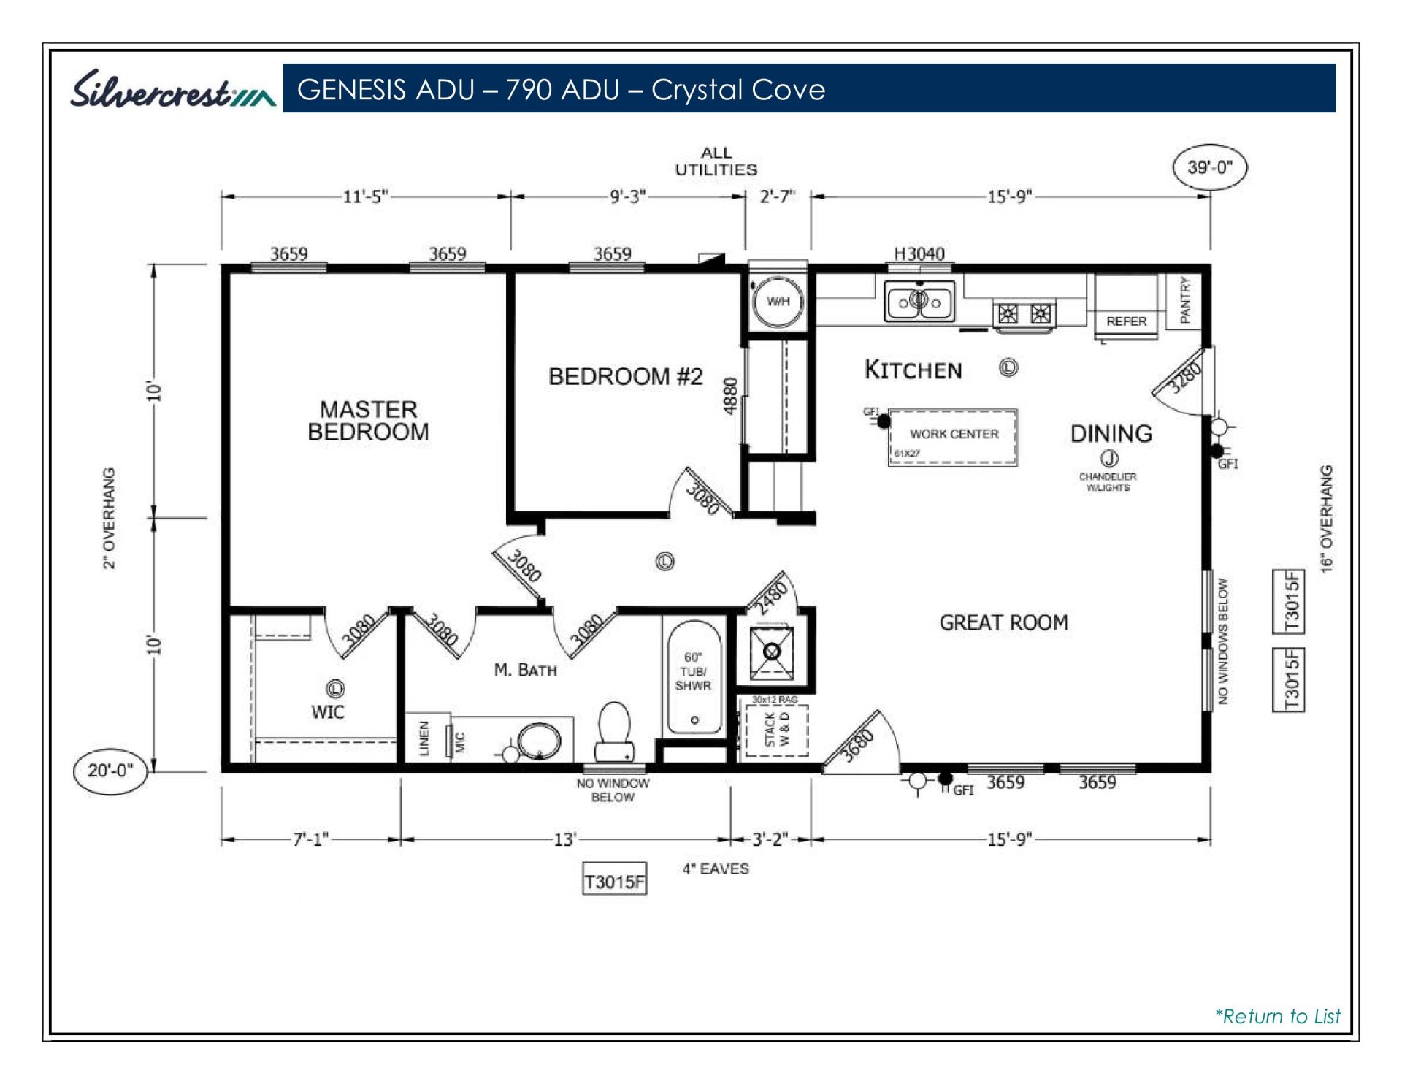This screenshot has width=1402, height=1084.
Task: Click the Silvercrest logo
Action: [x=172, y=90]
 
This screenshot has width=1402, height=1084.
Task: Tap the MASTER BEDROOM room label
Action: [x=368, y=420]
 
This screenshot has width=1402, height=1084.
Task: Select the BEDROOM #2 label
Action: [x=625, y=377]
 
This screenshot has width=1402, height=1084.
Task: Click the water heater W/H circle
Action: [x=778, y=302]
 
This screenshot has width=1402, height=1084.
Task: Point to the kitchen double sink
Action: [x=919, y=301]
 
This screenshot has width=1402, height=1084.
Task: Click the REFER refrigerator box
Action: [x=1125, y=307]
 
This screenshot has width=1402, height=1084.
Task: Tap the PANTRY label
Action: [x=1184, y=300]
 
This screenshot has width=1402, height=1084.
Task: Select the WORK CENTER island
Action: [x=953, y=437]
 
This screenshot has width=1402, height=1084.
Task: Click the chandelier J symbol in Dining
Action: [x=1109, y=458]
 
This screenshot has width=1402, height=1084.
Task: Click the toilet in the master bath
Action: [x=614, y=730]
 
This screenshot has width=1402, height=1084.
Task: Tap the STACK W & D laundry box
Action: [x=776, y=730]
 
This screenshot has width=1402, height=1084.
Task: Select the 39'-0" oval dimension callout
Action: [x=1209, y=167]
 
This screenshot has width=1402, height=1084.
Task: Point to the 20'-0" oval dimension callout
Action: [x=110, y=770]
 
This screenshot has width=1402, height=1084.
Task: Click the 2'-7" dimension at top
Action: [x=777, y=196]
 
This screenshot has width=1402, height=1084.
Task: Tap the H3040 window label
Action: [x=919, y=253]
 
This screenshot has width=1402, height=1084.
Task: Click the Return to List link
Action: [x=1277, y=1016]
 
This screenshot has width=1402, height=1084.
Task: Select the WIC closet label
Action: [x=327, y=712]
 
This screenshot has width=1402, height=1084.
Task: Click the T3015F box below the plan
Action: [x=614, y=882]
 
